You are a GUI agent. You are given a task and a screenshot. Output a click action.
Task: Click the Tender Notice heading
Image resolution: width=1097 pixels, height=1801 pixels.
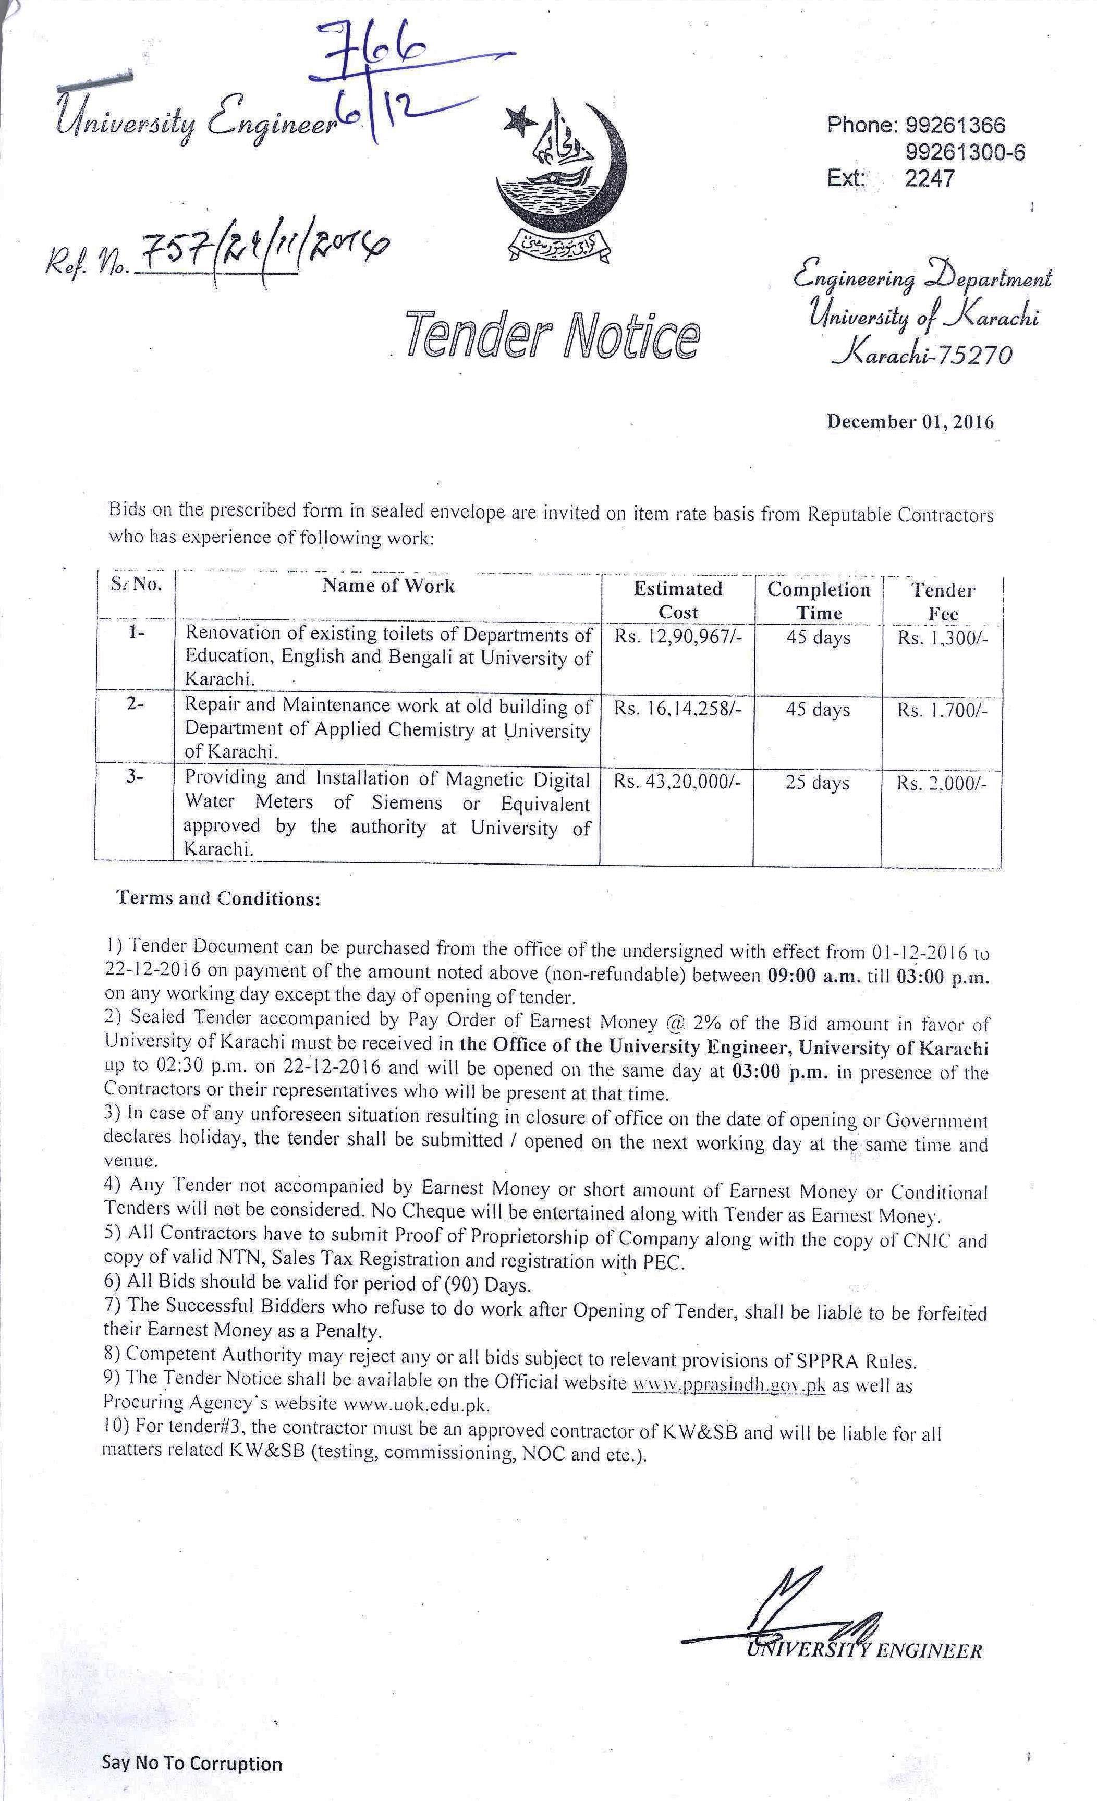pos(553,335)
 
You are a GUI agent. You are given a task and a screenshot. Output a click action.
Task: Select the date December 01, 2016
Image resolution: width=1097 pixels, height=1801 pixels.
pos(910,422)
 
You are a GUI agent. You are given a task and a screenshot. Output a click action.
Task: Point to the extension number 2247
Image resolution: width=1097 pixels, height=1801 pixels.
pos(929,178)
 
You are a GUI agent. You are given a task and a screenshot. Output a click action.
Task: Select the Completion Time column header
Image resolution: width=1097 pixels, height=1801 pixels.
pos(819,601)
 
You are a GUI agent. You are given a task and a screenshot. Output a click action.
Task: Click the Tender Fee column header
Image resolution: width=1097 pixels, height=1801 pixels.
pos(942,601)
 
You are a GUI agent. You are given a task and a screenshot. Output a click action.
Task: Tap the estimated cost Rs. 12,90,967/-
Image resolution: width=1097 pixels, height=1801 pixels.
pos(677,637)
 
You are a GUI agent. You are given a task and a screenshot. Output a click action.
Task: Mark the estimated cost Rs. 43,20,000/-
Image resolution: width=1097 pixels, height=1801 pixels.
pos(677,782)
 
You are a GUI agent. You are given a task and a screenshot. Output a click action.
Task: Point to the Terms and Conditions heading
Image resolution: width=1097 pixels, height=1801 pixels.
pos(218,898)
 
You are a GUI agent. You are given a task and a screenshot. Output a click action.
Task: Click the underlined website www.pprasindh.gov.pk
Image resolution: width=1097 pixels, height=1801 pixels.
pos(728,1384)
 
